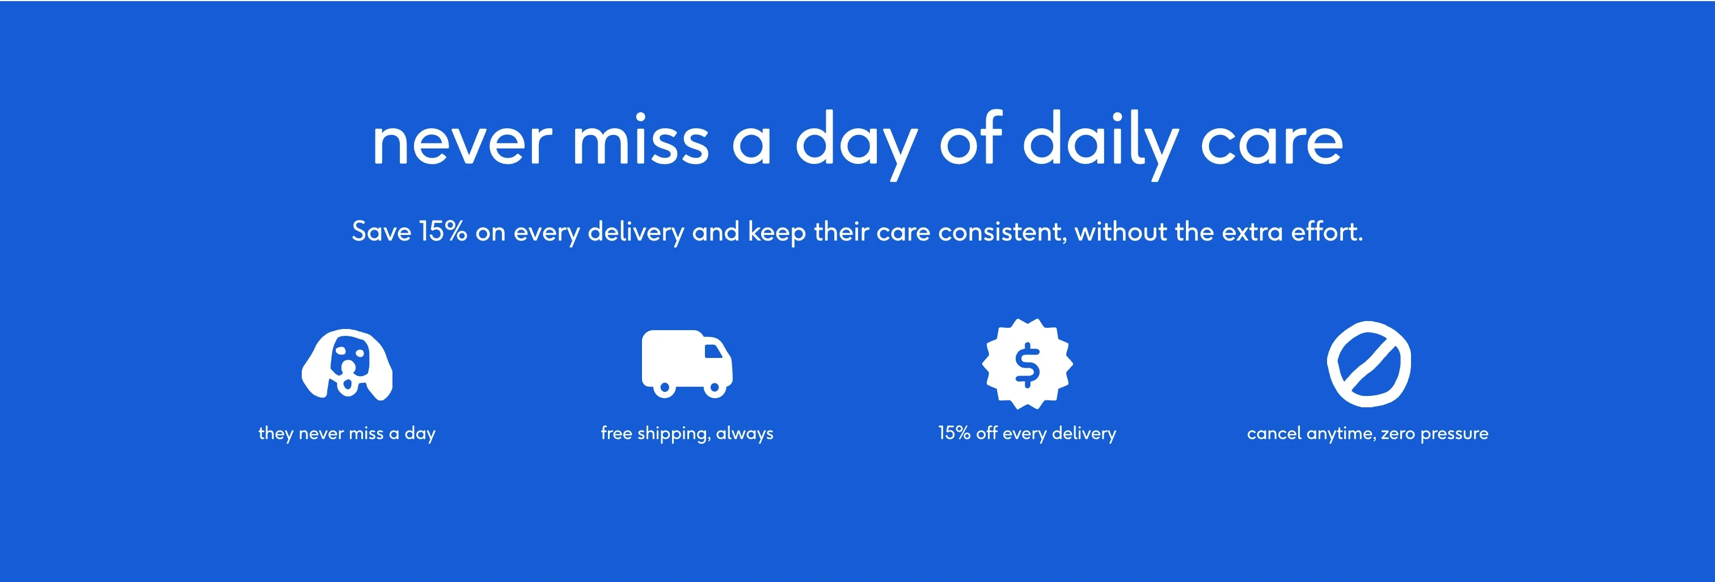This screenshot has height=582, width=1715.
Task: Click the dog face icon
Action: (x=347, y=364)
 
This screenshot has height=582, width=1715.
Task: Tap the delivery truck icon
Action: (x=686, y=363)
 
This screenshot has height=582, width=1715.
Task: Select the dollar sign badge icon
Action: (x=1027, y=364)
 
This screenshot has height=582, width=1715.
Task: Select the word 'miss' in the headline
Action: (x=640, y=141)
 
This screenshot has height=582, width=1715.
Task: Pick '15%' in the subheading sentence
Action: (x=443, y=232)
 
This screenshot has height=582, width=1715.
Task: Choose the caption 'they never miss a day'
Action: (x=347, y=433)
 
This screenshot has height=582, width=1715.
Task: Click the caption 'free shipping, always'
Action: (x=686, y=433)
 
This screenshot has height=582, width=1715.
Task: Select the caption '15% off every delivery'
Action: (x=1027, y=433)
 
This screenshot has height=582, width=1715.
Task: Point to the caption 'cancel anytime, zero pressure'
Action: (x=1367, y=433)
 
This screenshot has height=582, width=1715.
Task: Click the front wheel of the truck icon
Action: (x=715, y=387)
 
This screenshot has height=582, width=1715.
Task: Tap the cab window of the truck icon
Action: (x=713, y=350)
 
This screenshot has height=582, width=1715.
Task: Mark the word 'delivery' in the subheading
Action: (x=635, y=232)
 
